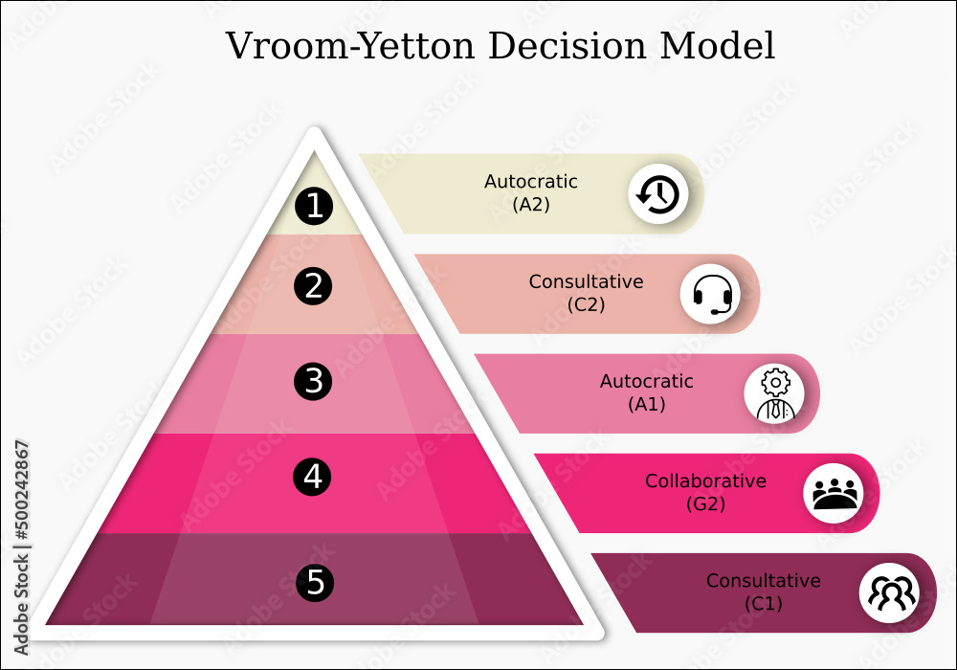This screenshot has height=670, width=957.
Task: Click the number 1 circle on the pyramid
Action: click(x=314, y=207)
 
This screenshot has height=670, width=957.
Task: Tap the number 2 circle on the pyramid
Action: click(x=314, y=286)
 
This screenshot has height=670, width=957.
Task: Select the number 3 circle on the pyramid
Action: click(x=314, y=382)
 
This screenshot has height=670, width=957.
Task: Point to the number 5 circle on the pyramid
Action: click(x=315, y=581)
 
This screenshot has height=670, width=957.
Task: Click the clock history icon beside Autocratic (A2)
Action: click(x=658, y=194)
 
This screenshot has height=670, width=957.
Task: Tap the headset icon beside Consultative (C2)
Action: click(x=711, y=294)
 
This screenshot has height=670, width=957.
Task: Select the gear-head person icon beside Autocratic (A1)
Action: click(x=774, y=393)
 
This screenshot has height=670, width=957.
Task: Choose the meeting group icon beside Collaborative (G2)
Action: click(x=834, y=493)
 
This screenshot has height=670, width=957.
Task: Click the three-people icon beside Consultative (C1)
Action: click(x=890, y=592)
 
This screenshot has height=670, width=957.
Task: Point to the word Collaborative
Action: click(x=705, y=481)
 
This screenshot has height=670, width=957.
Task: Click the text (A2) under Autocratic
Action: click(x=531, y=204)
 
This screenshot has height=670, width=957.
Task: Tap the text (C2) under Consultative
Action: click(x=586, y=304)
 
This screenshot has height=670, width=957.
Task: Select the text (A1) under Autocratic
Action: click(x=646, y=404)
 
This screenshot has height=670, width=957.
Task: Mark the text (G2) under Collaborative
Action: click(x=705, y=503)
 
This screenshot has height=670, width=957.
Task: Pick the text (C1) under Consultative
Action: click(x=764, y=604)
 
